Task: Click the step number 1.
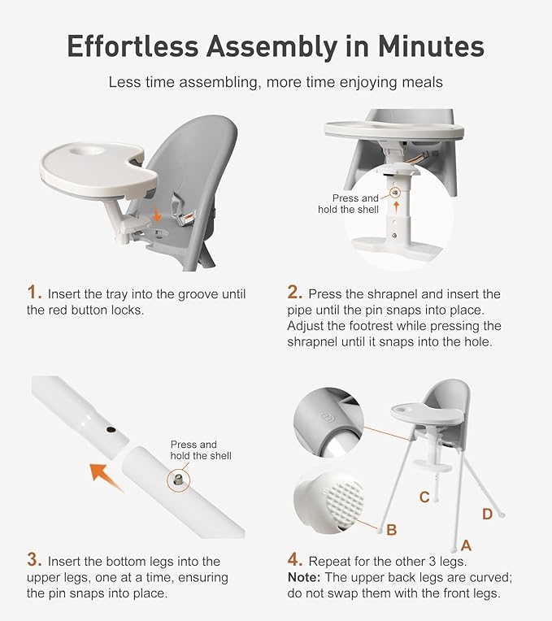34,293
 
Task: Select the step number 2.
294,293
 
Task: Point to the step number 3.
34,560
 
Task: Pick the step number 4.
294,560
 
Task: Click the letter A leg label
466,544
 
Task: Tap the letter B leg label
391,530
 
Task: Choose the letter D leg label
487,513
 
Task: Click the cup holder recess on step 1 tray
86,151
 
